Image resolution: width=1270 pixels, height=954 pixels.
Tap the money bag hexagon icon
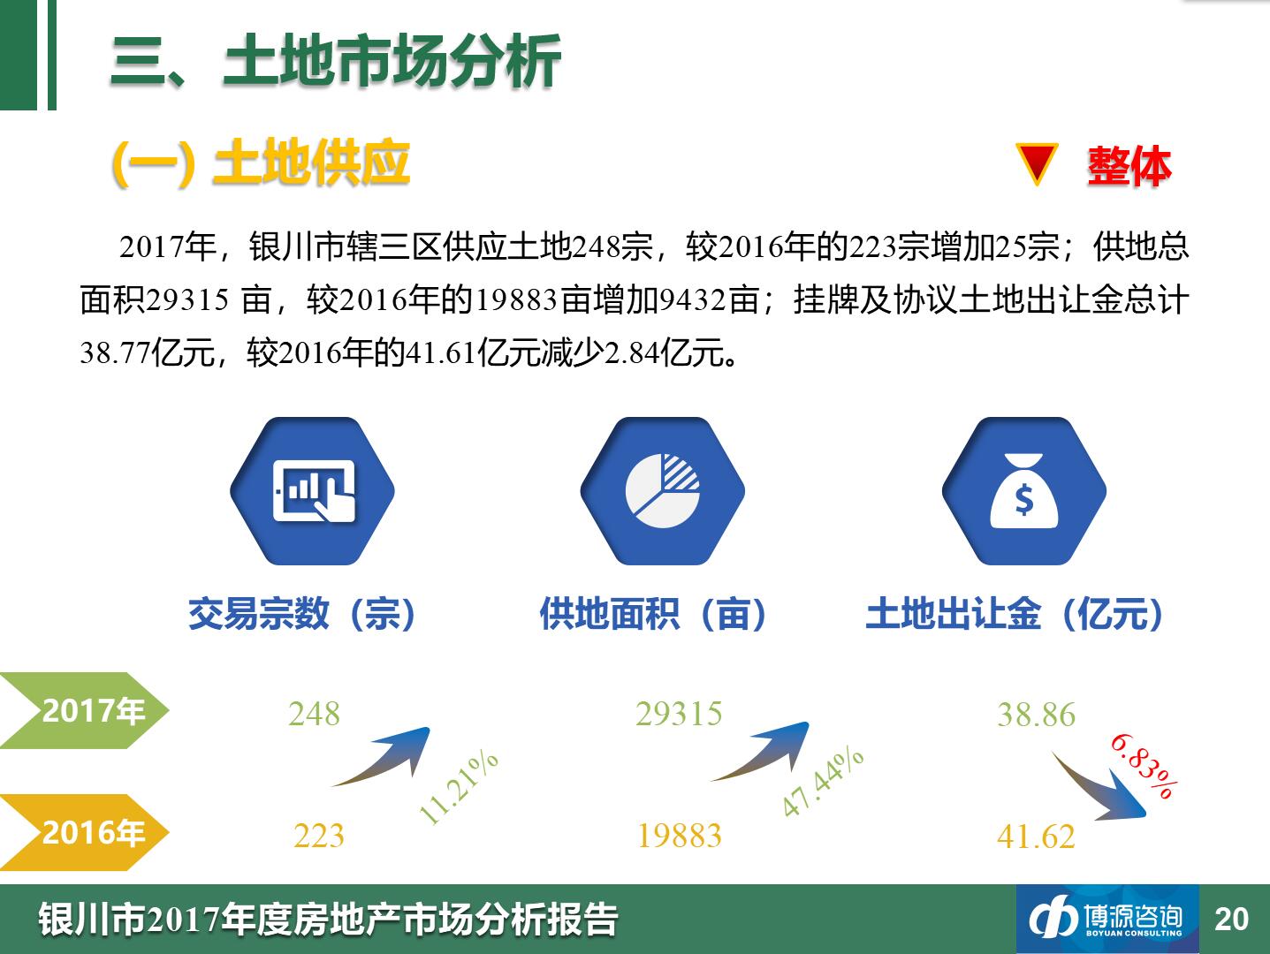click(1024, 491)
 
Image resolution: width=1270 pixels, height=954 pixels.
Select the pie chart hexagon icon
click(663, 491)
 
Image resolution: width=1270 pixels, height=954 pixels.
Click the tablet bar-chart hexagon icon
click(313, 491)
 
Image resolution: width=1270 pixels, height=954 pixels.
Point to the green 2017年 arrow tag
click(84, 710)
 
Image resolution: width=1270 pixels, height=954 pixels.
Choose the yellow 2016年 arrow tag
click(84, 833)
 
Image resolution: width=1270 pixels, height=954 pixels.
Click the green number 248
click(314, 714)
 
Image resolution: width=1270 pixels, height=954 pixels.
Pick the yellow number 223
click(319, 836)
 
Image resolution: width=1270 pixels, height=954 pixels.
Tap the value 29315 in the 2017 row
click(680, 714)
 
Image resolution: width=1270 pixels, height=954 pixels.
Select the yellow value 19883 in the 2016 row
click(680, 836)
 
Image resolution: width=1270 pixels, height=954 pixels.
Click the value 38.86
click(1037, 715)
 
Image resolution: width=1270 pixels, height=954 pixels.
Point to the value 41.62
click(1037, 837)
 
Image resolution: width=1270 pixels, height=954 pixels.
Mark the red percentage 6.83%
click(1144, 766)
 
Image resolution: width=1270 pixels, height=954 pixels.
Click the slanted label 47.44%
click(822, 781)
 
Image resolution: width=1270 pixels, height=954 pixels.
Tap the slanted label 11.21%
click(458, 786)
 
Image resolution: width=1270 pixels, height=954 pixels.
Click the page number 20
click(1232, 920)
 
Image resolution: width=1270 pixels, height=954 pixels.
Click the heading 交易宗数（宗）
click(302, 613)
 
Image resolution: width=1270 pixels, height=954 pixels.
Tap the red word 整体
click(1129, 167)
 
